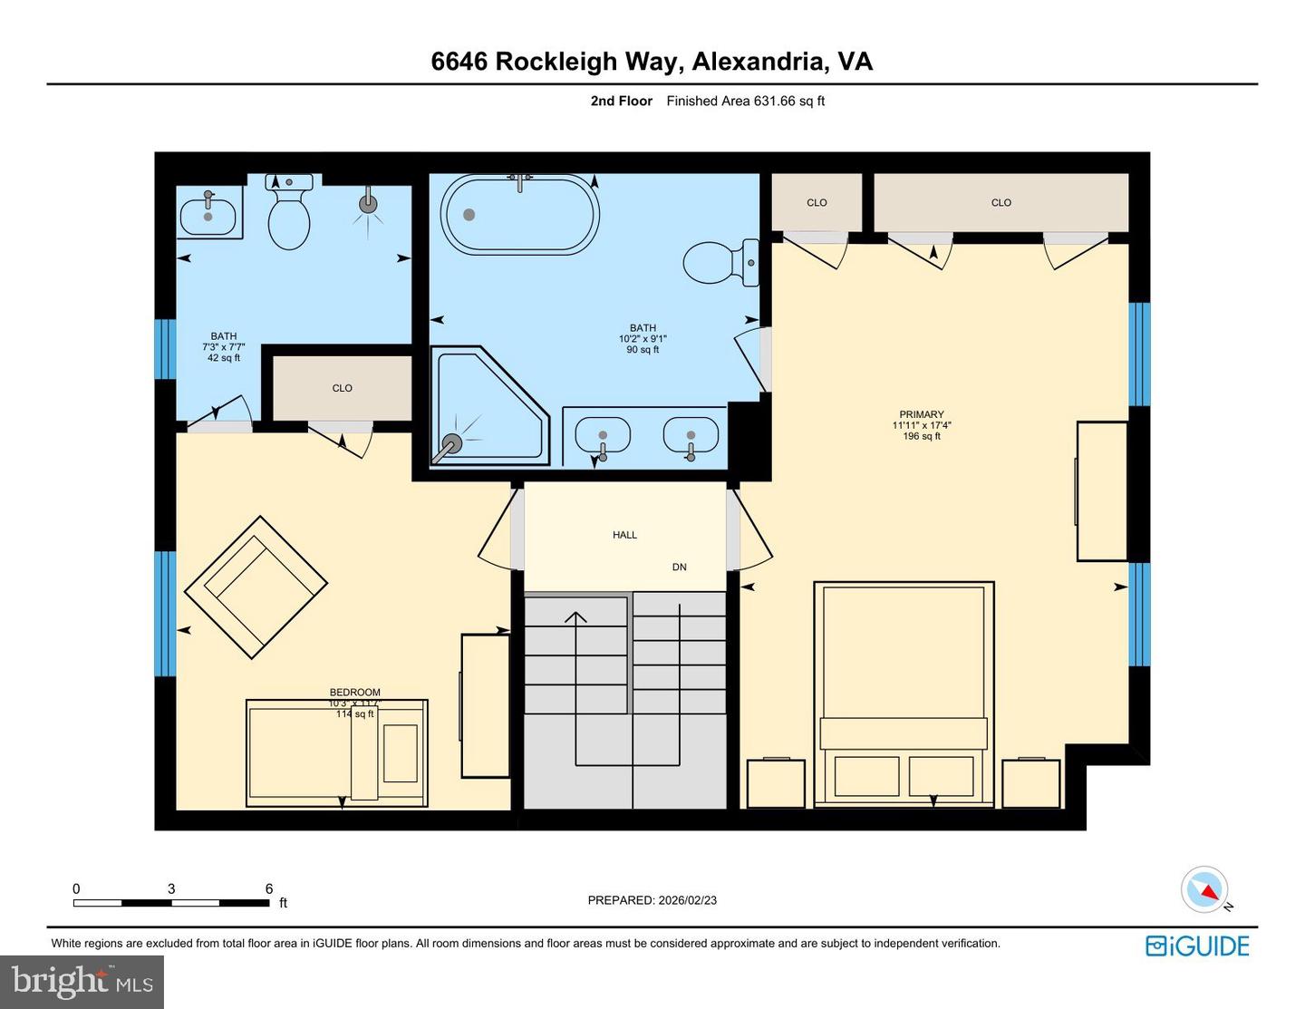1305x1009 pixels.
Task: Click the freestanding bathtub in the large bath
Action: pyautogui.click(x=519, y=215)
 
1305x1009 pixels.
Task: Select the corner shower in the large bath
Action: pyautogui.click(x=485, y=405)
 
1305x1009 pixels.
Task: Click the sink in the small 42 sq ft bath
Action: pyautogui.click(x=208, y=216)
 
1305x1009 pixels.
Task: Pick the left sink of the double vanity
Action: pyautogui.click(x=603, y=434)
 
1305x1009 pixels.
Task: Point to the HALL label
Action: pyautogui.click(x=624, y=535)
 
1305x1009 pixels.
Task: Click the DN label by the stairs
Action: pyautogui.click(x=679, y=567)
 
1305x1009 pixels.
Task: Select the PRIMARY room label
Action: pyautogui.click(x=921, y=414)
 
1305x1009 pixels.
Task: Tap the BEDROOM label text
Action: pyautogui.click(x=354, y=693)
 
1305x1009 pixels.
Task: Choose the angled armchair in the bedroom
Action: pyautogui.click(x=256, y=587)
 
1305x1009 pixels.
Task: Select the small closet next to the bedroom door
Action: pyautogui.click(x=342, y=388)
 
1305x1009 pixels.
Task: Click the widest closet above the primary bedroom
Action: pyautogui.click(x=1000, y=203)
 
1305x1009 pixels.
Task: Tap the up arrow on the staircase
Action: pyautogui.click(x=575, y=618)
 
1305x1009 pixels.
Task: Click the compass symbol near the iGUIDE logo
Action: pyautogui.click(x=1205, y=889)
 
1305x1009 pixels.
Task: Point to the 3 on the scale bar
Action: pyautogui.click(x=171, y=888)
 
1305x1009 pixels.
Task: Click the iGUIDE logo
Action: pyautogui.click(x=1197, y=946)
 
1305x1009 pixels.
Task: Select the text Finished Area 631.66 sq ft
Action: pyautogui.click(x=745, y=102)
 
